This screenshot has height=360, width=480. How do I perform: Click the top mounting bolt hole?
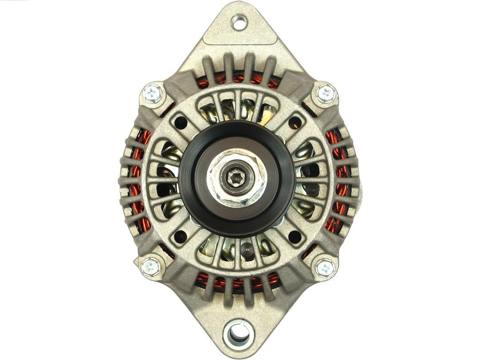click(239, 22)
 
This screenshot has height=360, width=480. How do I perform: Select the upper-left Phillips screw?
click(153, 93)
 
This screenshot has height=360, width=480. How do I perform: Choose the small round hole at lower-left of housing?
click(180, 236)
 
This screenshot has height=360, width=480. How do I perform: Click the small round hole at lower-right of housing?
click(295, 236)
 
